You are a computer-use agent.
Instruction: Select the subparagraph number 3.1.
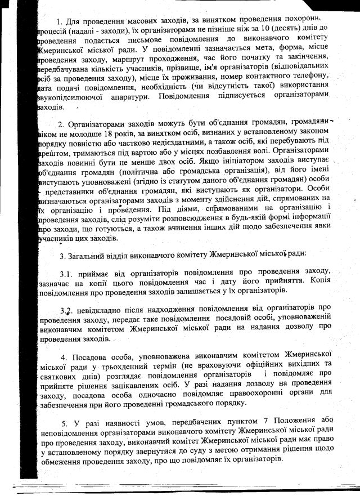pyautogui.click(x=66, y=273)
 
